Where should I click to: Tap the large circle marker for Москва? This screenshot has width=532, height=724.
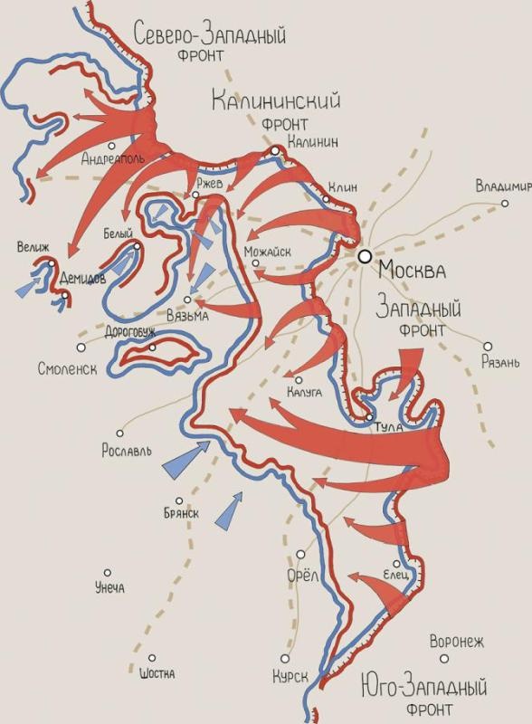point(365,256)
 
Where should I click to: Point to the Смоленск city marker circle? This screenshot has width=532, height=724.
point(81,347)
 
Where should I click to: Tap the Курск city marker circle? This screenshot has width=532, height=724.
point(285,659)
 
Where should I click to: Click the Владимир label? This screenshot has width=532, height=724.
point(503,187)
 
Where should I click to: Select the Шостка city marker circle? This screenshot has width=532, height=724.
point(152,659)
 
